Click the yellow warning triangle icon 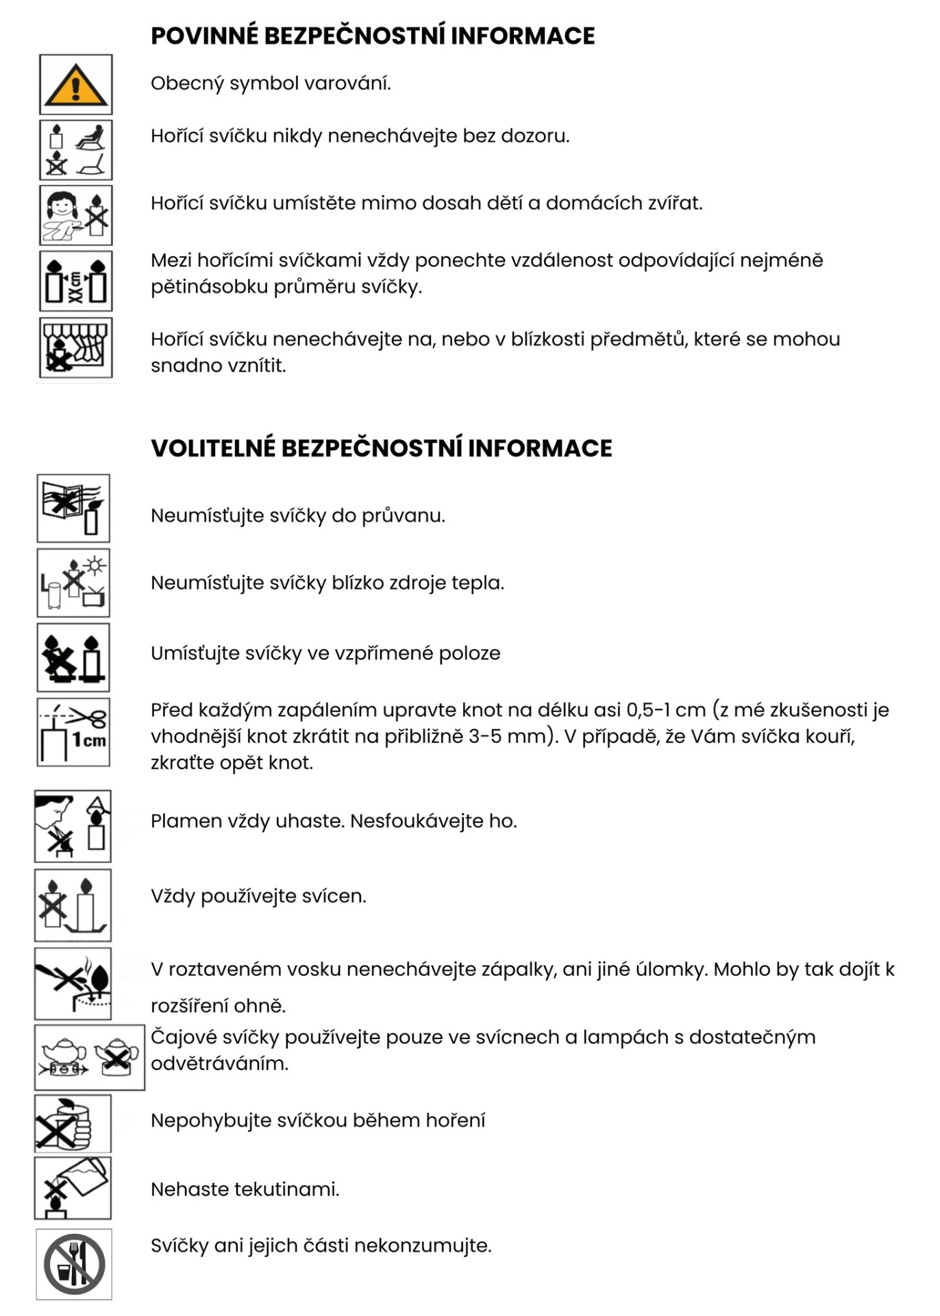click(75, 84)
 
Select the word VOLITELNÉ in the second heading click(213, 448)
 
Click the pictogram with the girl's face click(75, 215)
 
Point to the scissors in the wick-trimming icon click(88, 717)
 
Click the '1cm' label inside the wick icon click(89, 741)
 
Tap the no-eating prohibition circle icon click(74, 1264)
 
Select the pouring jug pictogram click(73, 1188)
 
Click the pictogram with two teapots click(90, 1057)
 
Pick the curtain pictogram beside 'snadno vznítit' click(75, 348)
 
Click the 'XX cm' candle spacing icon click(75, 281)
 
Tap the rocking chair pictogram click(75, 149)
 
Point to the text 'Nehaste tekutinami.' click(245, 1189)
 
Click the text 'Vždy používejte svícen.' click(258, 897)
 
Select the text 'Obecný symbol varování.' click(271, 84)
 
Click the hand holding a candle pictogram click(73, 1123)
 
